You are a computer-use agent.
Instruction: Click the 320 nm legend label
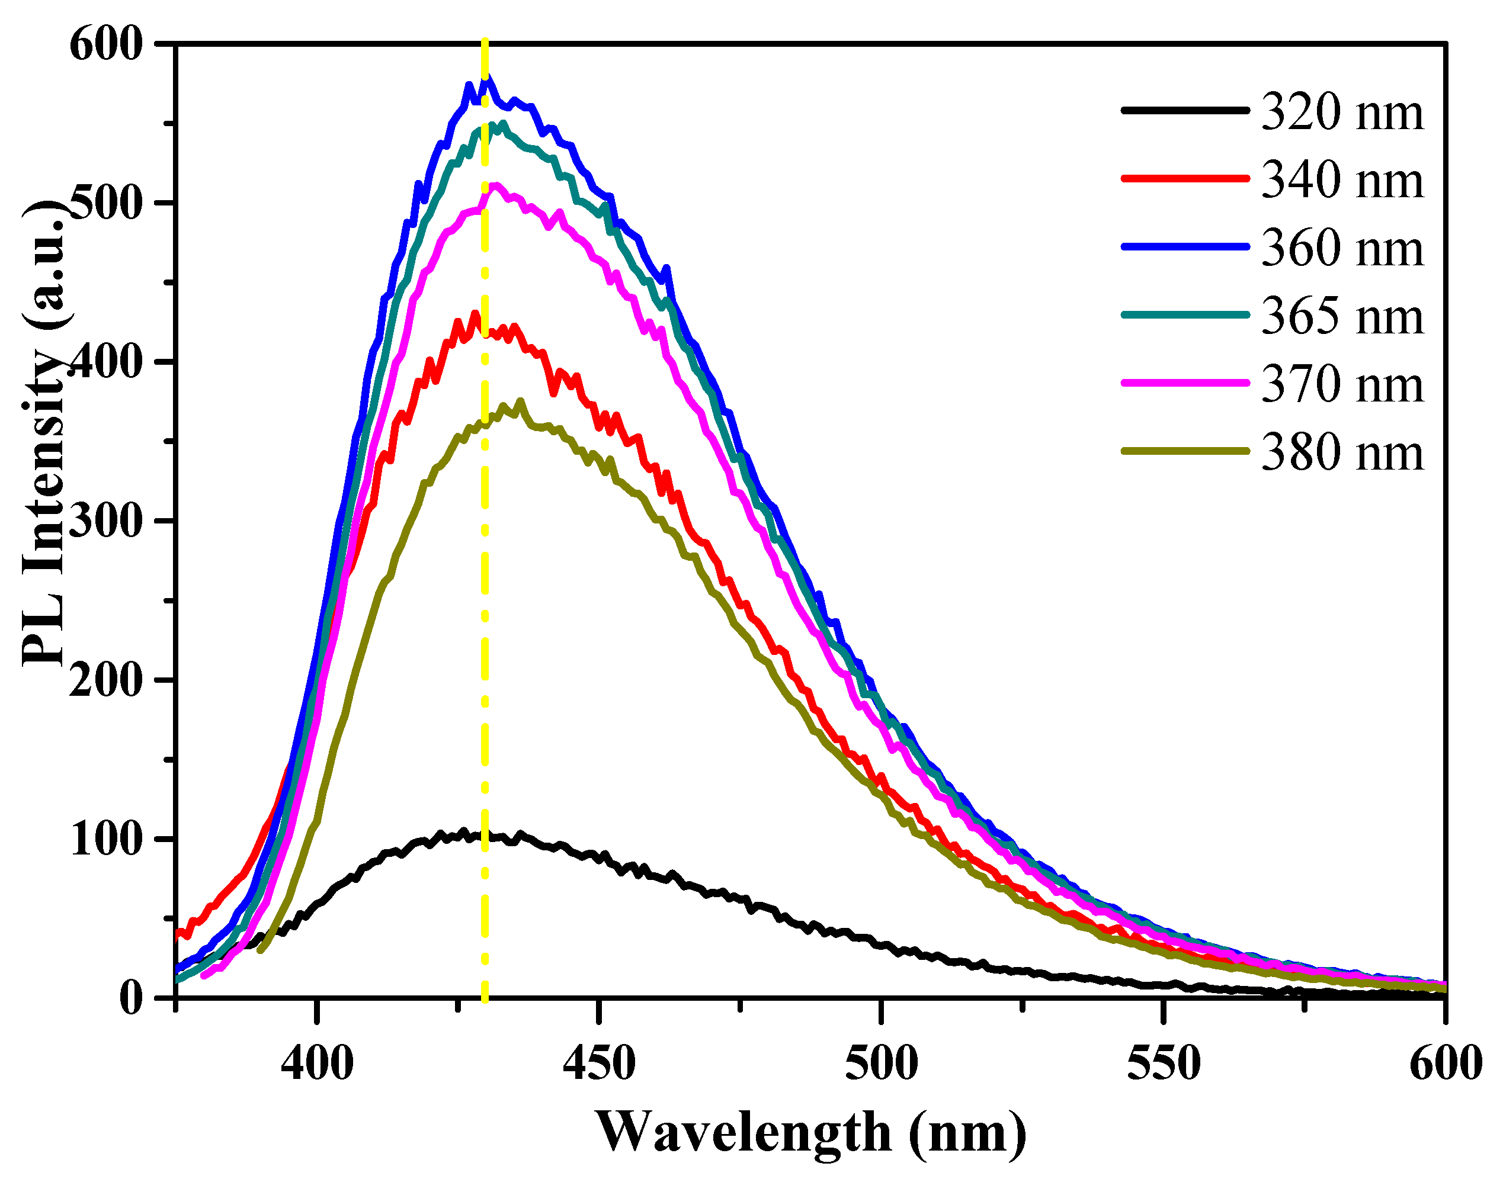click(x=1341, y=112)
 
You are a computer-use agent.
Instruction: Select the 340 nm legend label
click(x=1341, y=180)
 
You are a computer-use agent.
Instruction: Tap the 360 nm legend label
click(x=1341, y=249)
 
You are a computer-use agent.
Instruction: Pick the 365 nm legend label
click(x=1341, y=317)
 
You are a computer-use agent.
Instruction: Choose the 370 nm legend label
click(x=1341, y=384)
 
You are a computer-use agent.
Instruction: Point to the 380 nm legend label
click(x=1341, y=453)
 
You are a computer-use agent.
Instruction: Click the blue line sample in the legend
click(x=1185, y=246)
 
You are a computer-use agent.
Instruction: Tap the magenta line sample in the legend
click(x=1185, y=383)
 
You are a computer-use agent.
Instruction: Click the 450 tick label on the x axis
click(x=598, y=1063)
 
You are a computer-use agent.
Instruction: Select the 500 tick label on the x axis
click(x=881, y=1063)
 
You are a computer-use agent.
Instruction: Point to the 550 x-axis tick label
click(x=1164, y=1063)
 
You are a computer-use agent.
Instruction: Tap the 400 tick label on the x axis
click(x=317, y=1063)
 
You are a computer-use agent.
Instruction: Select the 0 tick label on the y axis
click(x=131, y=999)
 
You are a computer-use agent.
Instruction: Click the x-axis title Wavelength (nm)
click(x=810, y=1132)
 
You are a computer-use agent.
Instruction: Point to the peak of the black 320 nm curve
click(x=463, y=832)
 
